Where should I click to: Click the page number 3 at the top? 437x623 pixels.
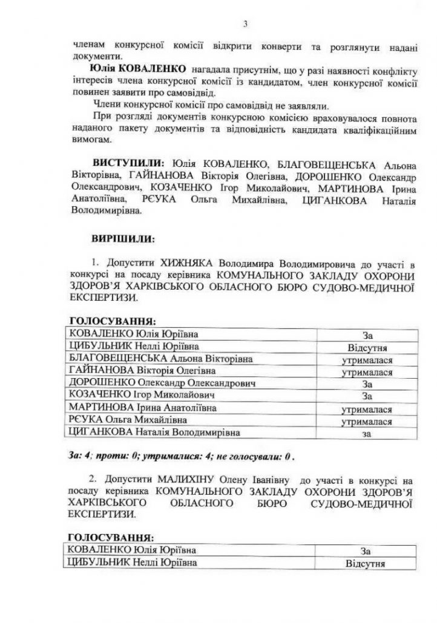tap(245, 24)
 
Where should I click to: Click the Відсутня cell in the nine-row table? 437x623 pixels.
tap(366, 348)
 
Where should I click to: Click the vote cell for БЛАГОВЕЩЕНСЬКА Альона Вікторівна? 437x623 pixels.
tap(366, 360)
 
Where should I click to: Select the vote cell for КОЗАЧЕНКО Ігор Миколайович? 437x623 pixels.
tap(366, 396)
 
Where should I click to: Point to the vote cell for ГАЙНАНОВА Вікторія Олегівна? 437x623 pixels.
tap(366, 372)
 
